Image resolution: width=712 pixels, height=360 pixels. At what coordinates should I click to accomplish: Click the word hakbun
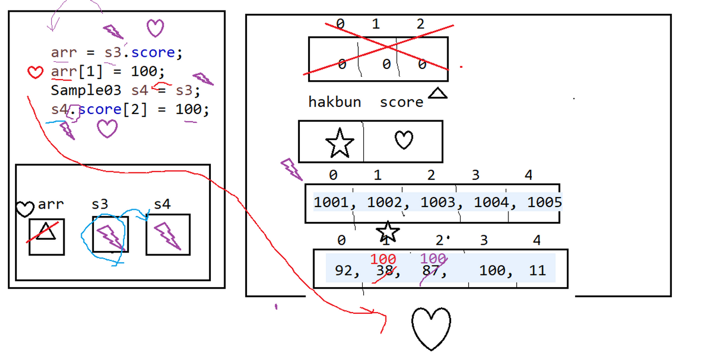click(334, 102)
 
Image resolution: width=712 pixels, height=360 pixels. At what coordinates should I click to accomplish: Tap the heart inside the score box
click(404, 140)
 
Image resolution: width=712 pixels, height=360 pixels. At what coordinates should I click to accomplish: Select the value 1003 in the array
click(437, 203)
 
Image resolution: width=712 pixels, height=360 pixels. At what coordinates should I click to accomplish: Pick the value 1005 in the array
click(544, 203)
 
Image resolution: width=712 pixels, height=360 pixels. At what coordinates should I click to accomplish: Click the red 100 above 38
click(383, 259)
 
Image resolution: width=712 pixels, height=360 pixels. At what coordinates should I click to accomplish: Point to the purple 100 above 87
click(433, 259)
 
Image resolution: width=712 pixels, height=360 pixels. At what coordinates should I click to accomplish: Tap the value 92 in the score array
click(343, 271)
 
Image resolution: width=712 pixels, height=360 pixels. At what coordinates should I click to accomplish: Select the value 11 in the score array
click(537, 271)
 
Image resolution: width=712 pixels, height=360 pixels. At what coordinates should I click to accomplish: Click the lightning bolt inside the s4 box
click(167, 235)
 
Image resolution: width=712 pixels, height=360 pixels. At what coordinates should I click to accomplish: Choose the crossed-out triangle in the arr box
click(46, 231)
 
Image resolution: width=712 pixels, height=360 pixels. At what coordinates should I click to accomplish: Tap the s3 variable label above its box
click(100, 205)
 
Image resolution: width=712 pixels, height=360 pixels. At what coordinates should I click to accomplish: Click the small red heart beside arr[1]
click(35, 72)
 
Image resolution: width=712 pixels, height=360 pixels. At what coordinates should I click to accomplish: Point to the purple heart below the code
click(107, 129)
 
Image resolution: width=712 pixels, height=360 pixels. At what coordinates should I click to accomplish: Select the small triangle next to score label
click(438, 93)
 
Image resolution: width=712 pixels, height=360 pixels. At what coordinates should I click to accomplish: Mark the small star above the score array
click(388, 231)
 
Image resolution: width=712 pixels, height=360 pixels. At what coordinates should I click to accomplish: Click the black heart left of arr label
click(24, 209)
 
